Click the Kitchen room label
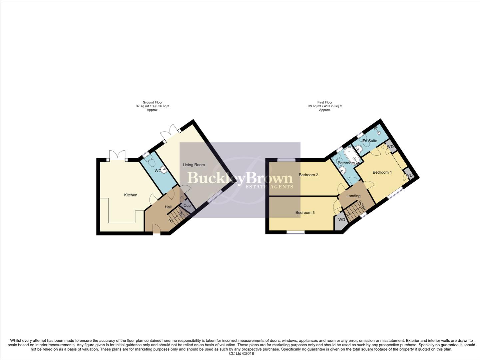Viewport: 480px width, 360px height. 131,195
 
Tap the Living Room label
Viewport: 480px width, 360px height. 194,165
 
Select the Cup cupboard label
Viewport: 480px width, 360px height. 187,206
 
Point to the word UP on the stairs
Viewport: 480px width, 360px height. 171,220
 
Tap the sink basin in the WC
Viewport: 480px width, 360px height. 164,170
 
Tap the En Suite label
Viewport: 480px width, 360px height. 370,141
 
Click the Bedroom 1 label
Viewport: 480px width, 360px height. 382,172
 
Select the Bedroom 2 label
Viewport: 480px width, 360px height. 308,175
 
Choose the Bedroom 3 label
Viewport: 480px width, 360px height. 305,213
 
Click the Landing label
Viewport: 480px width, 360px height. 353,196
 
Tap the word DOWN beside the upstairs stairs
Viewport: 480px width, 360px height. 363,205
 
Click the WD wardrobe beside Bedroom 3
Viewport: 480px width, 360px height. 341,220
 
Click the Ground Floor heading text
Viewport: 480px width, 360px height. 153,102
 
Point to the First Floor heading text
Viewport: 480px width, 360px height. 325,102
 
